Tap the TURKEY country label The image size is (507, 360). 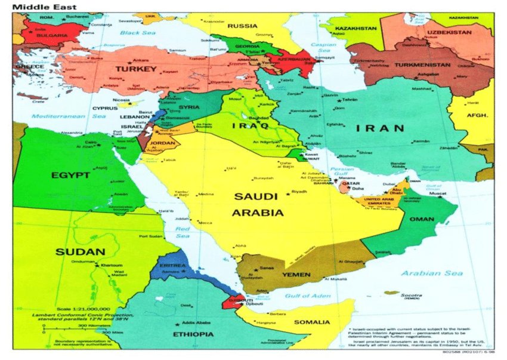[135, 69]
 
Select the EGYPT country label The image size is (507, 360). [70, 176]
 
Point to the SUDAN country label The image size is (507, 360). [80, 252]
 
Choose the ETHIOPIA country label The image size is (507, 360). [192, 334]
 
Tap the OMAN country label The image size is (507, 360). [422, 219]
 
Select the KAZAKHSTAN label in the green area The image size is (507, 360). [356, 28]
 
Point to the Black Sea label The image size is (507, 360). [138, 33]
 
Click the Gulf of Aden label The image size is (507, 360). [307, 296]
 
